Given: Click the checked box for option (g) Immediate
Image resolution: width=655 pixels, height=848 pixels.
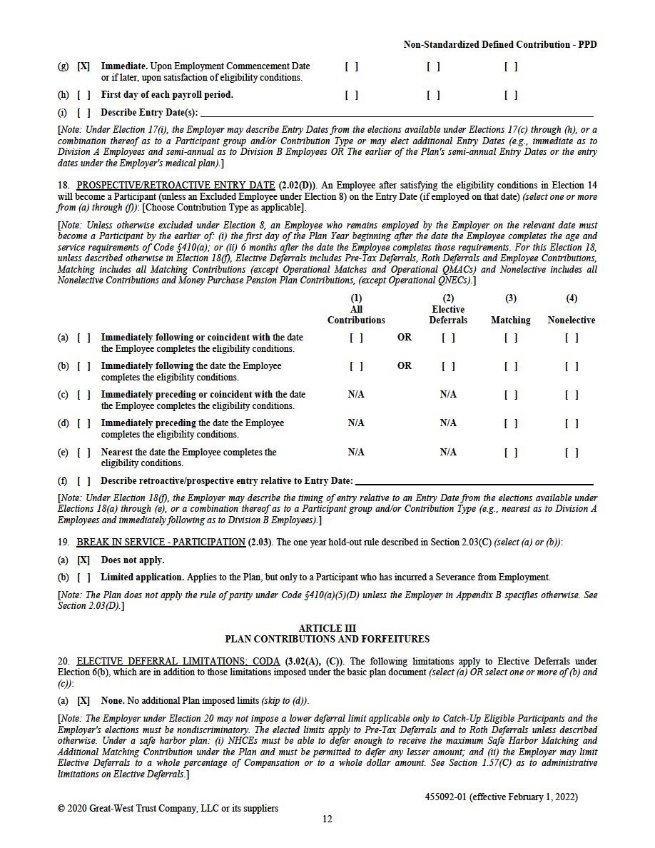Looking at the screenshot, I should point(83,66).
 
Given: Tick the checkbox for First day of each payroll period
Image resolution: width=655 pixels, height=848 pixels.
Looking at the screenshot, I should point(83,94).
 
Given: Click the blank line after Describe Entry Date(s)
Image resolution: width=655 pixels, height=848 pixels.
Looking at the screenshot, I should point(397,113).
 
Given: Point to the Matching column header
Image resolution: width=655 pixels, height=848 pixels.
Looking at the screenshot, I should point(511,320).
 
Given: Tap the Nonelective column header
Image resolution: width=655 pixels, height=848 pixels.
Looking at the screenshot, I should point(572,320).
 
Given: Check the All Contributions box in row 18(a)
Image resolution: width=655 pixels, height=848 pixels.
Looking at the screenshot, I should point(356,338).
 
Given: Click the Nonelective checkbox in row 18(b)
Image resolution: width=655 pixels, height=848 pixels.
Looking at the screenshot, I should point(572,366).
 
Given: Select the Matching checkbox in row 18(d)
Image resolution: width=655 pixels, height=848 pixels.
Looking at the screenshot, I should point(511,423).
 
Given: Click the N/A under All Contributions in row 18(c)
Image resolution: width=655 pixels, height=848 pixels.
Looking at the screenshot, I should point(356,395).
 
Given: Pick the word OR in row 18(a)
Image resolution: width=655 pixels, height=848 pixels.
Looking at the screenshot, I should point(405,338).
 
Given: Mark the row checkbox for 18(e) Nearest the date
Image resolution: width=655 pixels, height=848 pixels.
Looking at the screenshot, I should point(83,452).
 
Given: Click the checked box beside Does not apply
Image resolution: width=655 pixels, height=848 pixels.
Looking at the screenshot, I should point(83,560).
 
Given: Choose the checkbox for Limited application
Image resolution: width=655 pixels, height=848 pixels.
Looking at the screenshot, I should point(83,577).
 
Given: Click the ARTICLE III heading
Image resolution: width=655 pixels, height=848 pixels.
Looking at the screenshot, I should point(327,628).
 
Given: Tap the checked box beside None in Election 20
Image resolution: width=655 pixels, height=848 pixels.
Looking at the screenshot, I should point(83,701).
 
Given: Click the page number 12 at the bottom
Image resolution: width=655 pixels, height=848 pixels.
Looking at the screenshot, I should point(327,819).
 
